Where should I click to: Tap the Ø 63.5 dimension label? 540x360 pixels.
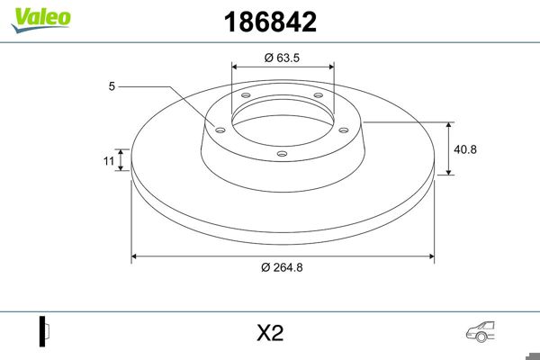tap(282, 58)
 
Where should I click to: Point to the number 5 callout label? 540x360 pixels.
tap(112, 86)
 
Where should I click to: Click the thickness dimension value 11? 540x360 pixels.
tap(107, 161)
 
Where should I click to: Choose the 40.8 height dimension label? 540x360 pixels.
tap(466, 148)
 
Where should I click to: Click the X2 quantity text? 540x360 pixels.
tap(270, 333)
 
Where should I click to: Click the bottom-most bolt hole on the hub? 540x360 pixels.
tap(282, 154)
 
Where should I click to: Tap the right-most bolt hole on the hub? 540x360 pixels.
tap(345, 128)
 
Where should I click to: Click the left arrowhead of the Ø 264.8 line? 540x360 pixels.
tap(136, 257)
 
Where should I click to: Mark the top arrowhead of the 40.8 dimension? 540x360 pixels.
tap(449, 124)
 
